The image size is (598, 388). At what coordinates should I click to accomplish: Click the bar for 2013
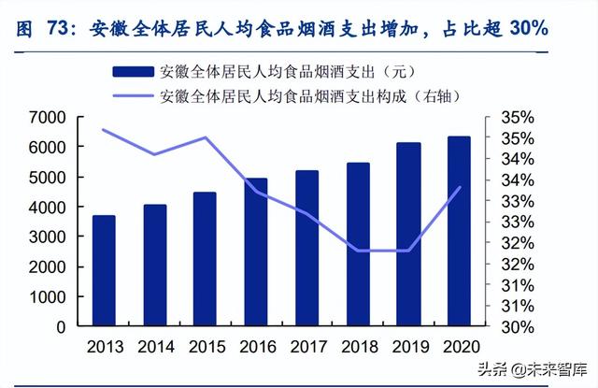104,271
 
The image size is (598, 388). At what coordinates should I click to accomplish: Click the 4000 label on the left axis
46,208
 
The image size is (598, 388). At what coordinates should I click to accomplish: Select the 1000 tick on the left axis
46,297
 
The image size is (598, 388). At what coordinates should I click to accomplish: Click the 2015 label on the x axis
205,347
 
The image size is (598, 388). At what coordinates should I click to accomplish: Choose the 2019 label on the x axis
407,347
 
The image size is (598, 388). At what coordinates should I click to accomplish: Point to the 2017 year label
306,347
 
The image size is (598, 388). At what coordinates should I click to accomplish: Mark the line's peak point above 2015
206,137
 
